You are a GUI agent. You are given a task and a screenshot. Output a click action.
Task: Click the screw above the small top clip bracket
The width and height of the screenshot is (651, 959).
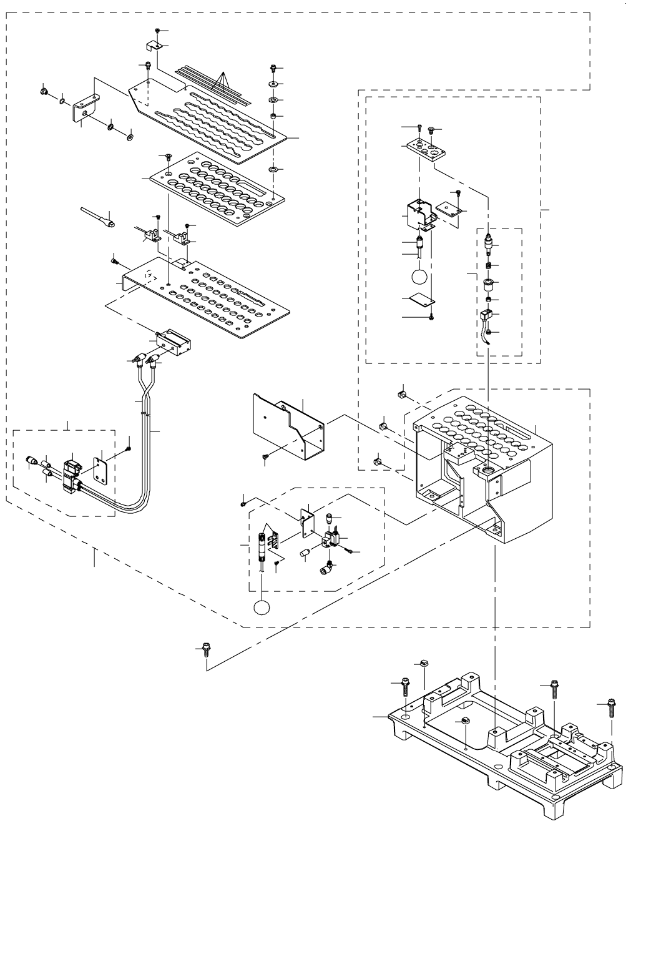158,31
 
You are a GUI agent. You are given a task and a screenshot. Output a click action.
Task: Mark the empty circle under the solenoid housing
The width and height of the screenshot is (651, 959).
420,276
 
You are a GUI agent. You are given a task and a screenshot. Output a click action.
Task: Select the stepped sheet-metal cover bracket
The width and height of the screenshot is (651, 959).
287,425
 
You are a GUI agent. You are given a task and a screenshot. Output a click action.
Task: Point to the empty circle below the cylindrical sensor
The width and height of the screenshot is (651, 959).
262,607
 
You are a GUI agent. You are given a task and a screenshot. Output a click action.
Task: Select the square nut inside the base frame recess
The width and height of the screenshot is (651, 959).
465,722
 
